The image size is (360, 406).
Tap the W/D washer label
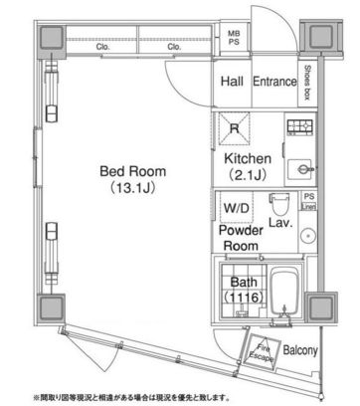237,210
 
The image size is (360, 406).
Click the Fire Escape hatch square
264,352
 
